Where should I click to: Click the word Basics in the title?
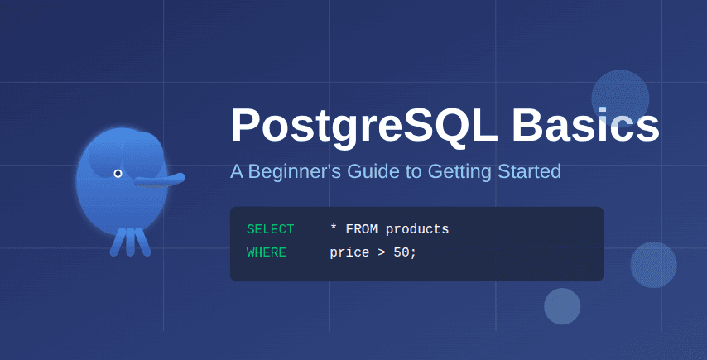[585, 126]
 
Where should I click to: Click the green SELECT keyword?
[270, 229]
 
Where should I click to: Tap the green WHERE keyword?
[267, 252]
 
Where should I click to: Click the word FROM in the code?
[361, 229]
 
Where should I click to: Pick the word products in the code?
[417, 229]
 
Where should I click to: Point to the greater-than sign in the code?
[381, 252]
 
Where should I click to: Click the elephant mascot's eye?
[118, 173]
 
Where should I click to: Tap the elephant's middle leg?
[130, 241]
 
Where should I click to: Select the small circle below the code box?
[562, 306]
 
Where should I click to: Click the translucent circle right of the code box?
[653, 265]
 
